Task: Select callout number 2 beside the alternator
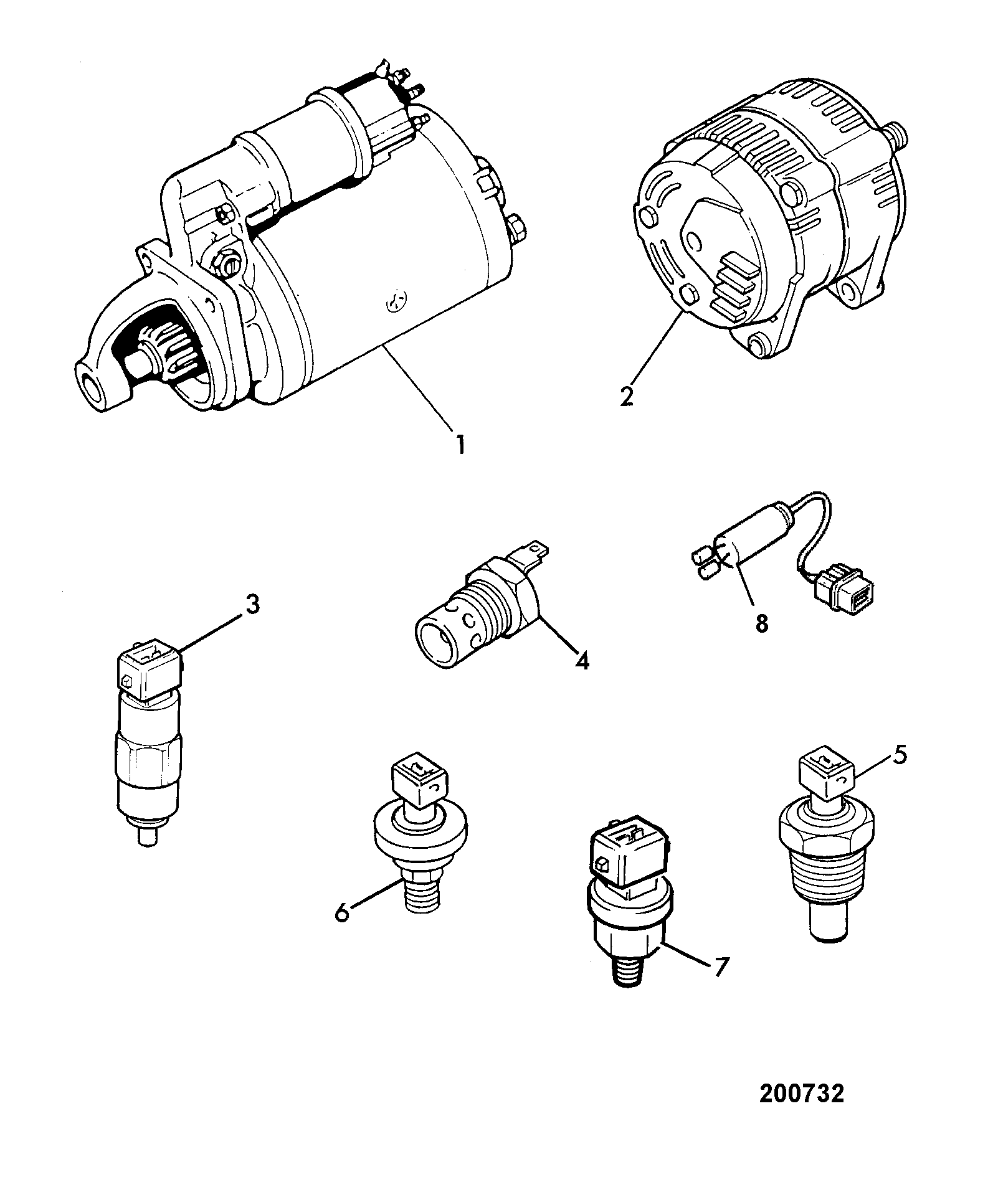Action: click(x=627, y=396)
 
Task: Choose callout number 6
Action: click(x=342, y=914)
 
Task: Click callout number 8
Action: click(x=762, y=623)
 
